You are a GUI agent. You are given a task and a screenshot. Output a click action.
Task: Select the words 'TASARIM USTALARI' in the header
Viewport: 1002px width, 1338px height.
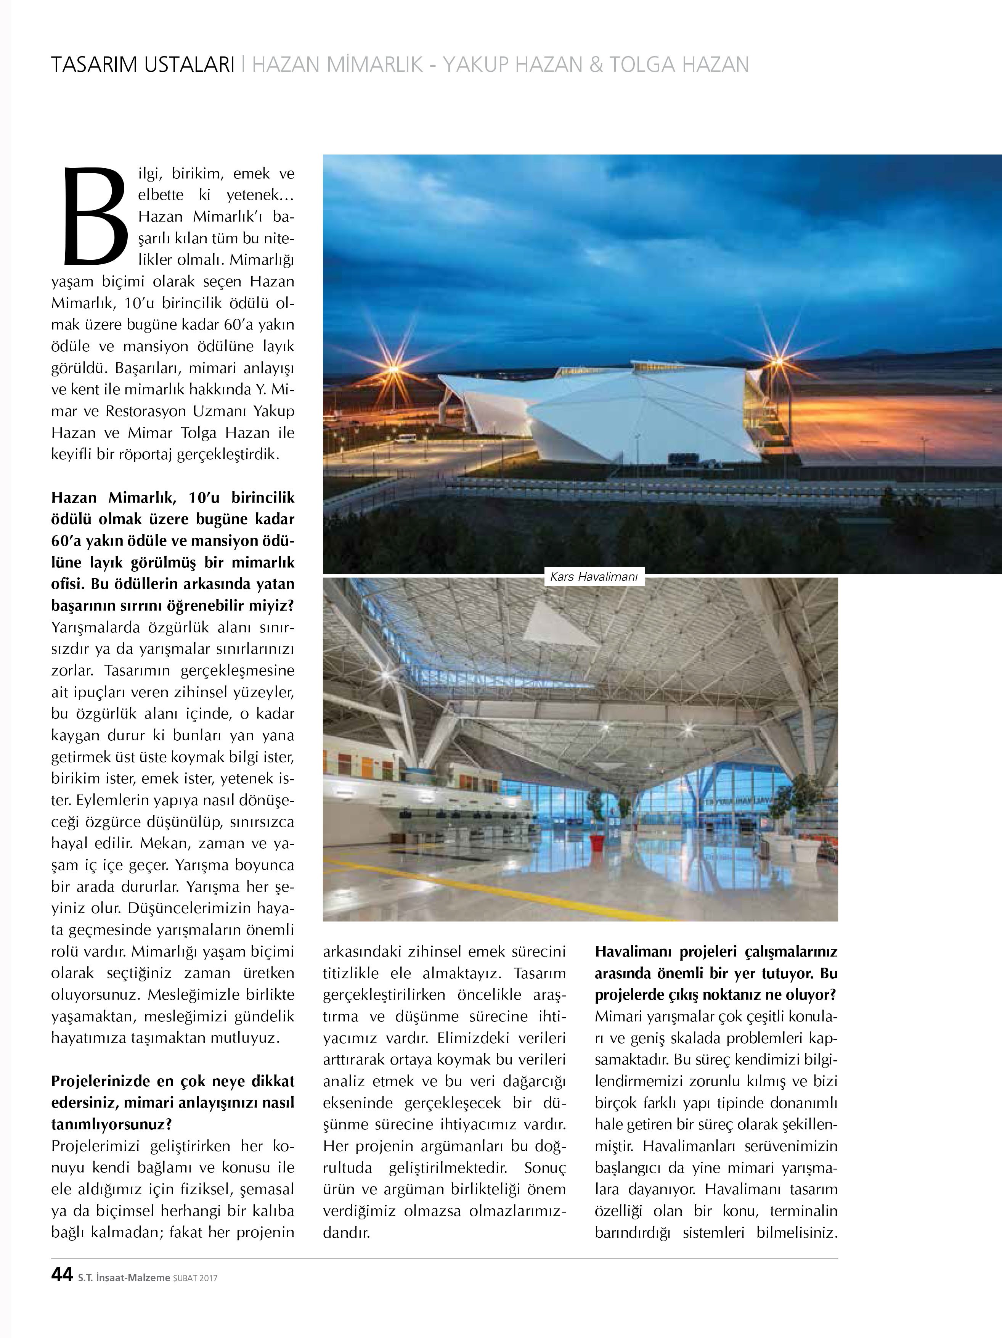click(x=143, y=65)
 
